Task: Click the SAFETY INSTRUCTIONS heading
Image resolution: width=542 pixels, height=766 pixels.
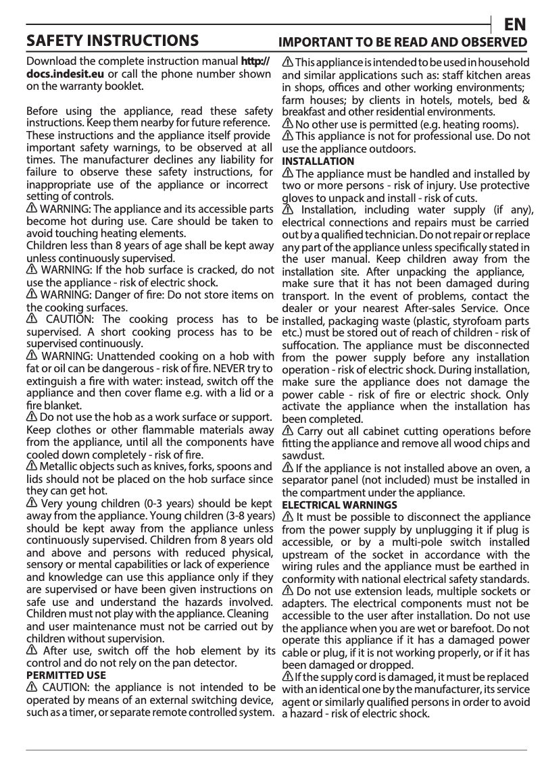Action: (x=112, y=41)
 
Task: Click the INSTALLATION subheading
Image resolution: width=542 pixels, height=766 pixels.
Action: (x=318, y=161)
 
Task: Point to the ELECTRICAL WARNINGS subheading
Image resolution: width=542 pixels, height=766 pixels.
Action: (x=339, y=505)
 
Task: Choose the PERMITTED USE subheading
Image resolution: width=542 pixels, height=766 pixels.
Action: (x=66, y=675)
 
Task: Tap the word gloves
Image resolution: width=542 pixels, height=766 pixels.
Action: (x=297, y=198)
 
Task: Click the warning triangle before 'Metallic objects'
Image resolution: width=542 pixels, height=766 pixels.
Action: (x=32, y=467)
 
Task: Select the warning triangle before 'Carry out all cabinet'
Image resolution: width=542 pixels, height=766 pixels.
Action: (x=287, y=431)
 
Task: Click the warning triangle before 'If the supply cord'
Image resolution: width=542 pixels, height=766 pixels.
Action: (x=287, y=677)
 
